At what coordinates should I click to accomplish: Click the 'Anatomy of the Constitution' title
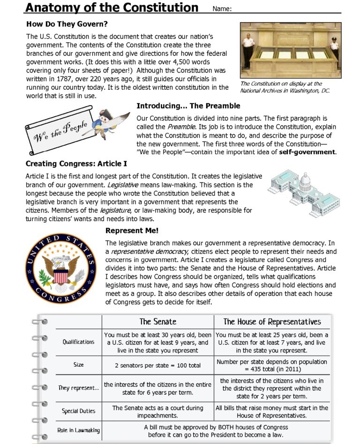[x=112, y=8]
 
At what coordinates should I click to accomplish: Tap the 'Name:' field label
[x=222, y=9]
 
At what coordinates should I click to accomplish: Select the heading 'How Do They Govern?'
[x=67, y=24]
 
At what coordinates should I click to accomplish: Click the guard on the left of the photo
[x=248, y=46]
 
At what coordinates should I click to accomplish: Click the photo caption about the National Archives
[x=285, y=87]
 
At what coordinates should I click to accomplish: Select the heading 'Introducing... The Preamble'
[x=188, y=106]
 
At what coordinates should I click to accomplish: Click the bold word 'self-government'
[x=307, y=152]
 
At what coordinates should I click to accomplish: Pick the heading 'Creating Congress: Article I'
[x=76, y=164]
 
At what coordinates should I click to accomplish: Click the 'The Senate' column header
[x=157, y=322]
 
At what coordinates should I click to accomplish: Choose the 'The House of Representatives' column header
[x=272, y=322]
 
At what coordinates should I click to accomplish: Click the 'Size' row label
[x=78, y=364]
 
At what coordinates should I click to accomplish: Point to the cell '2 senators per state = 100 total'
[x=157, y=365]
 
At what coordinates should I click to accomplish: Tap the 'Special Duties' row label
[x=78, y=411]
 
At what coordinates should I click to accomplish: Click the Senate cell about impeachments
[x=157, y=412]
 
